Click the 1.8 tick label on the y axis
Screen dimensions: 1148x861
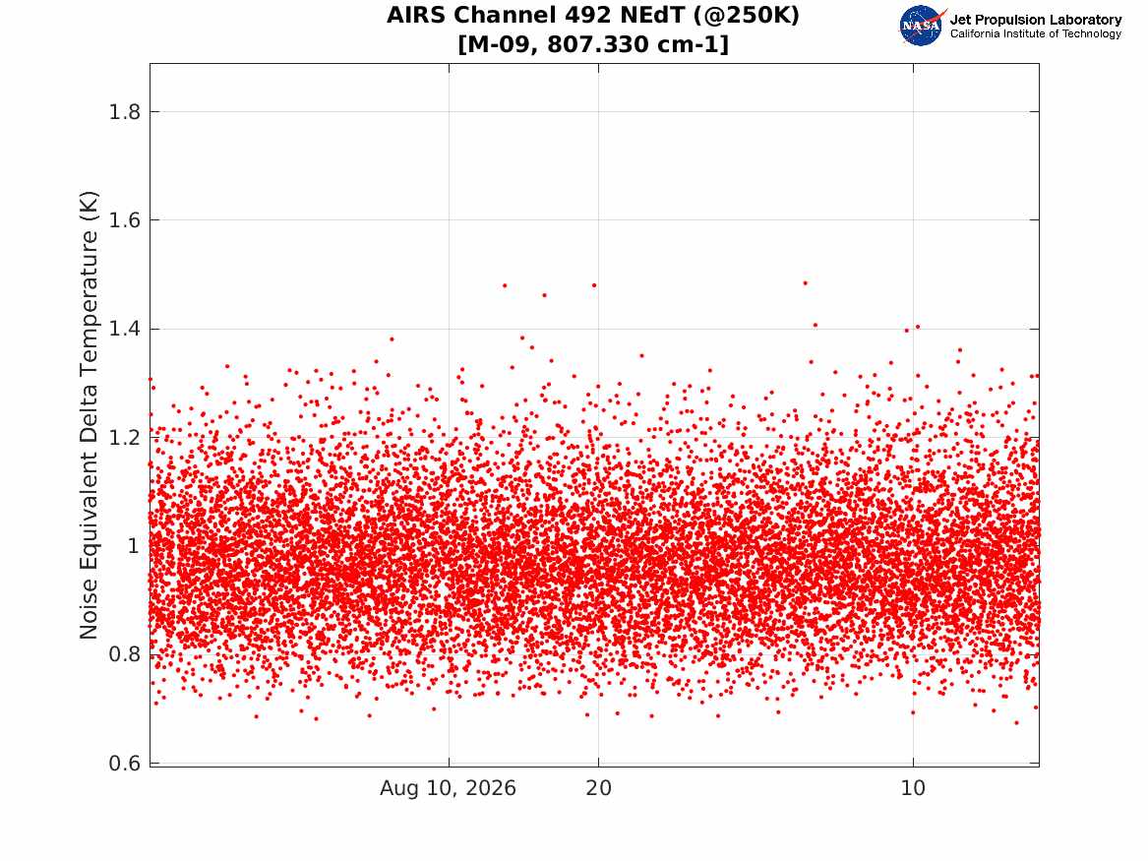click(124, 112)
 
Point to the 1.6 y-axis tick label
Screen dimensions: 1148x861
click(124, 220)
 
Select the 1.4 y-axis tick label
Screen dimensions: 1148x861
click(124, 329)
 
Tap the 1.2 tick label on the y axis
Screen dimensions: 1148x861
click(124, 438)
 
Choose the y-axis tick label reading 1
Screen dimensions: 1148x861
click(133, 546)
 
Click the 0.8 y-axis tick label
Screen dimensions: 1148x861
click(124, 654)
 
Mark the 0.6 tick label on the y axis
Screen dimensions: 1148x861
click(124, 763)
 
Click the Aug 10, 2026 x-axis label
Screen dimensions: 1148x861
click(448, 788)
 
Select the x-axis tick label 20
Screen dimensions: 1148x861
click(598, 788)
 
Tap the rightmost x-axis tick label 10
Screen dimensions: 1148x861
click(913, 788)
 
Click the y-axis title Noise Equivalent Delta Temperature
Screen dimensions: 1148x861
click(89, 415)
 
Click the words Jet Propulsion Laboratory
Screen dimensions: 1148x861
click(1036, 20)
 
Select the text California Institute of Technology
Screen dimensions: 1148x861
click(1036, 33)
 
